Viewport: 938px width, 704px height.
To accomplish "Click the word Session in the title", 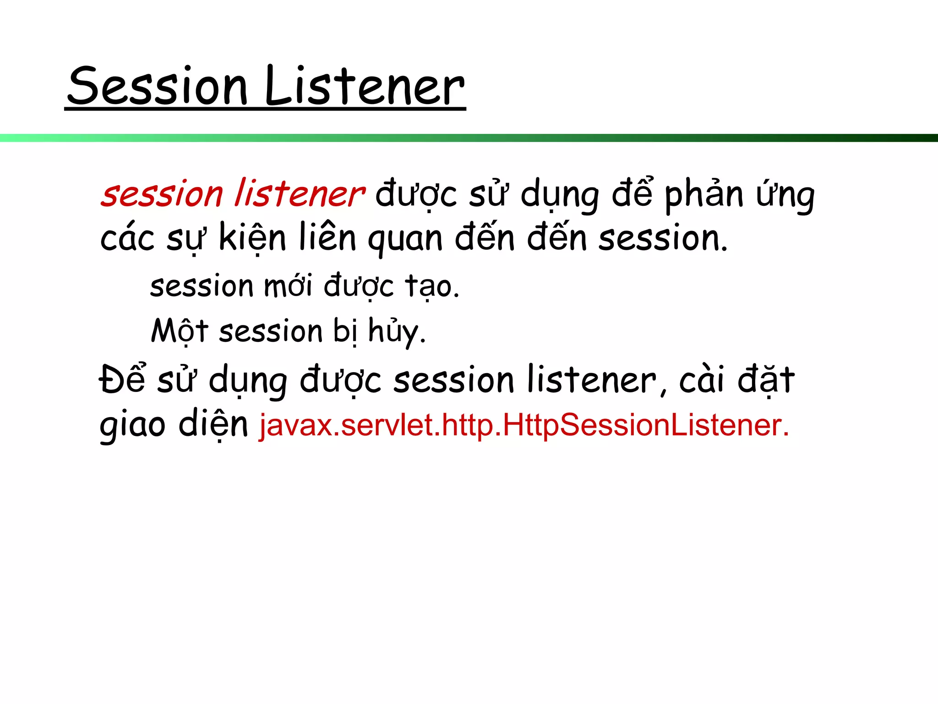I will click(x=158, y=86).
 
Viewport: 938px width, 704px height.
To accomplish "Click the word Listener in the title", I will click(x=365, y=86).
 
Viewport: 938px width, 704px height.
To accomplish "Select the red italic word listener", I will click(x=300, y=194).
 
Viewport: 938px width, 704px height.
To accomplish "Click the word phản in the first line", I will click(x=704, y=194).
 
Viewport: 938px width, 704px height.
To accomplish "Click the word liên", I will click(x=327, y=237).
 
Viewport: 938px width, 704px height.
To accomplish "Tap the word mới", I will click(x=289, y=286).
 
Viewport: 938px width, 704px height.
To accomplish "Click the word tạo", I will click(x=432, y=286).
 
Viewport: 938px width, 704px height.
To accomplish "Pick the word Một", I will click(x=180, y=331).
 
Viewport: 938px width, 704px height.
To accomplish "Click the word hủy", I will click(x=397, y=331).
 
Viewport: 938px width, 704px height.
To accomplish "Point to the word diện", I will click(x=213, y=424).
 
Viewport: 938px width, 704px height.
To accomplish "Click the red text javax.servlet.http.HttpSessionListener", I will click(x=524, y=425).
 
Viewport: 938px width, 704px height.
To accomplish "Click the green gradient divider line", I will click(x=469, y=137).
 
